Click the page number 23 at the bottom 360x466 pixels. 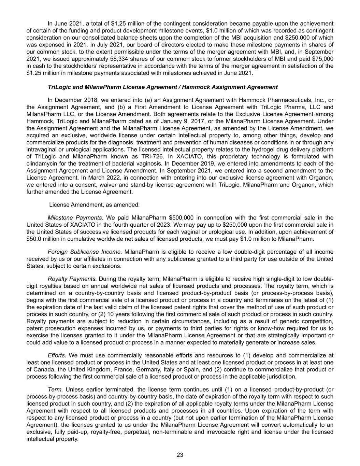pyautogui.click(x=180, y=455)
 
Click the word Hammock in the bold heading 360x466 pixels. pyautogui.click(x=195, y=87)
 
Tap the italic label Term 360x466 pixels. pyautogui.click(x=55, y=389)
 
